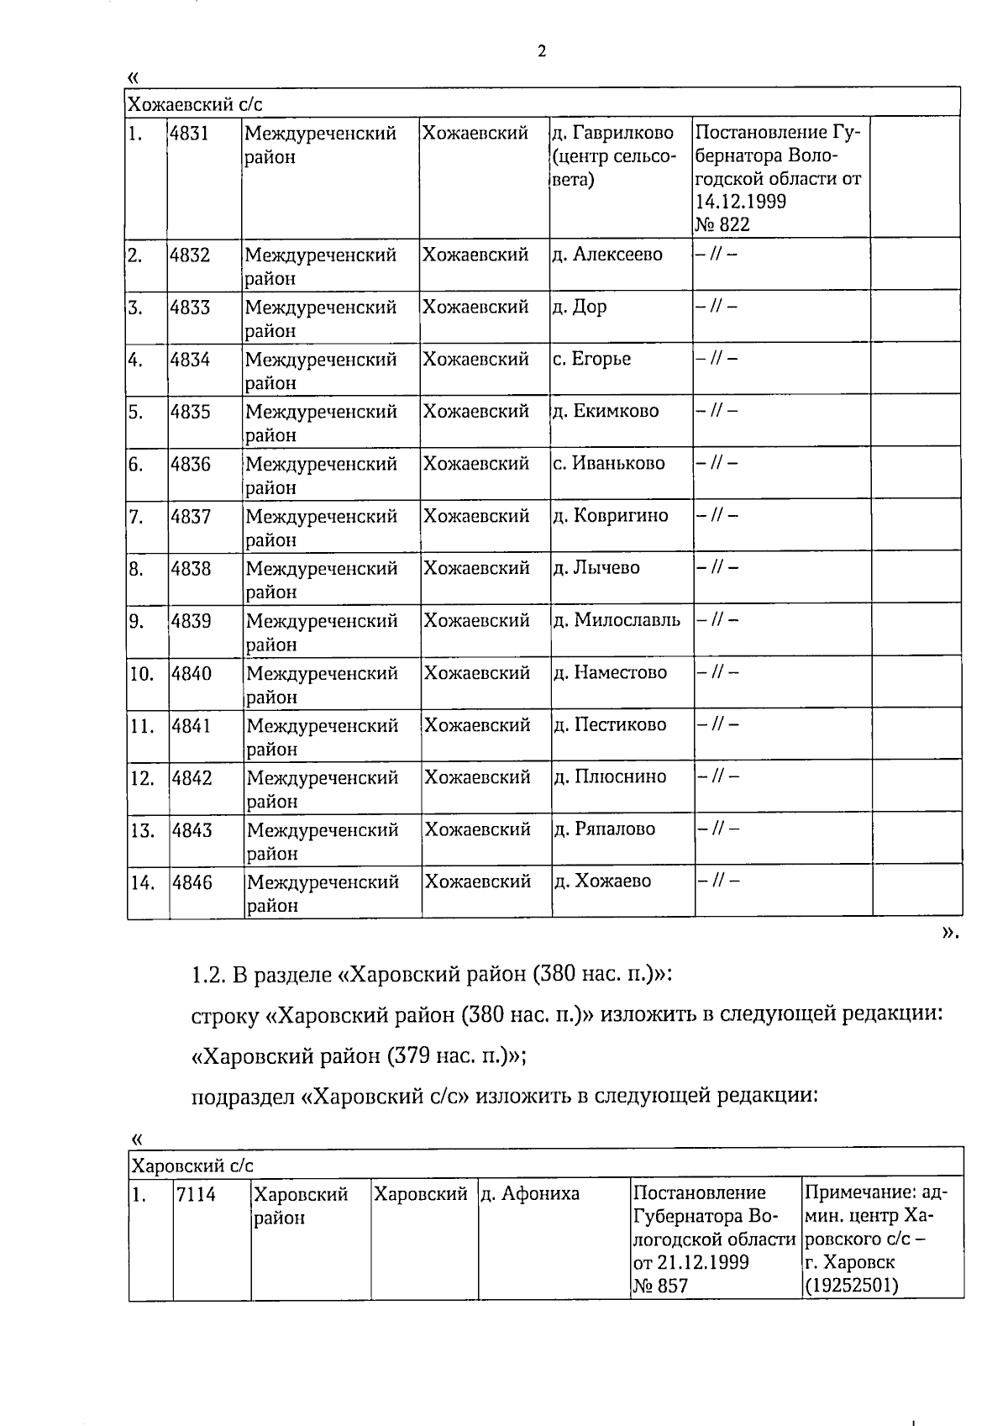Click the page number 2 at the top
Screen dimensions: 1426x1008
(541, 52)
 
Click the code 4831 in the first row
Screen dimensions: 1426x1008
(189, 133)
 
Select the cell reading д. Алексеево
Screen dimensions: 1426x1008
(607, 254)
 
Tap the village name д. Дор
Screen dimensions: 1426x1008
(580, 307)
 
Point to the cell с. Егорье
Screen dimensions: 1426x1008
(591, 359)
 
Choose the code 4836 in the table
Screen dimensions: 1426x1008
(191, 464)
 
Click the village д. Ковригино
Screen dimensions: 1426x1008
(611, 515)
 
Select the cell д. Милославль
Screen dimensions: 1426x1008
(617, 620)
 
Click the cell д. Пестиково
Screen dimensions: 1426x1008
(610, 724)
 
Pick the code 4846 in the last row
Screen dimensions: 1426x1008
(192, 882)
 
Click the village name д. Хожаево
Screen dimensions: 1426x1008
(602, 881)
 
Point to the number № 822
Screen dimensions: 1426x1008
(722, 224)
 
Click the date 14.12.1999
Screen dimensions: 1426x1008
(741, 202)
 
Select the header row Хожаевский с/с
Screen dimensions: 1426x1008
(194, 104)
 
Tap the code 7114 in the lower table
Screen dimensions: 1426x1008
(197, 1194)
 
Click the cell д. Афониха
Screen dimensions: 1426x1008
(530, 1193)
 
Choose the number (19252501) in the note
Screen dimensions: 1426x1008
(851, 1286)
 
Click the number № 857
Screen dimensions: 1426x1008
(660, 1286)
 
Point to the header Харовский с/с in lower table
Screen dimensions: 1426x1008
(193, 1166)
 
